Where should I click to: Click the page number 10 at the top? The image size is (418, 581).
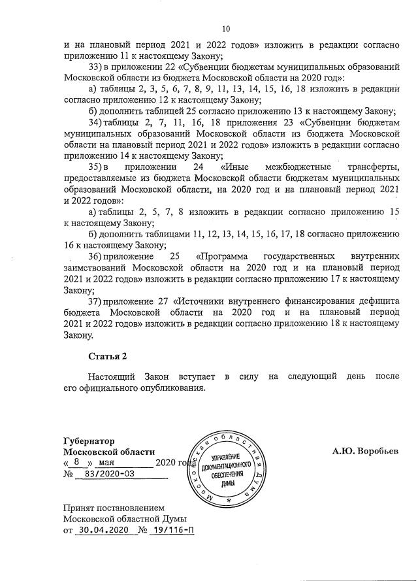click(x=227, y=28)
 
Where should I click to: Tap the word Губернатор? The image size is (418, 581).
click(x=90, y=440)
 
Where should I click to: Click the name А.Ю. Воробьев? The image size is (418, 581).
click(x=364, y=452)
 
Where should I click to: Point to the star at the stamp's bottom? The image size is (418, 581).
click(x=228, y=499)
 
